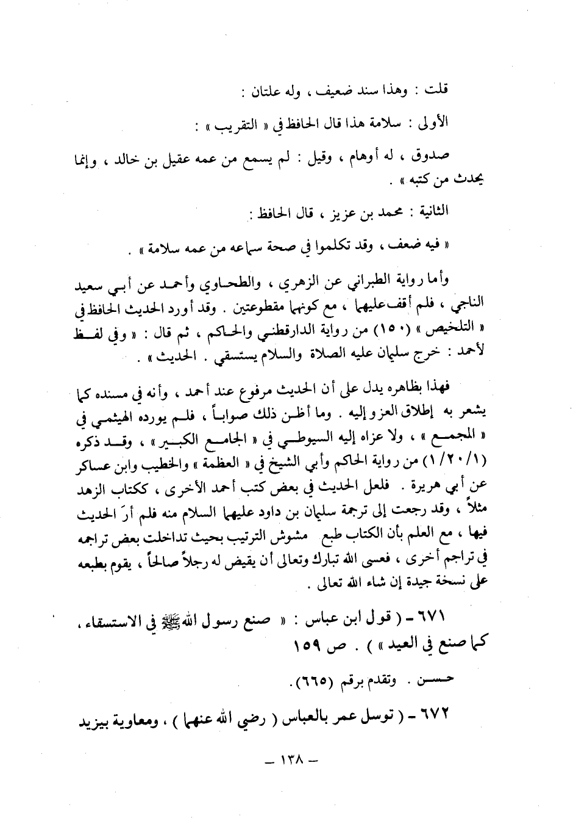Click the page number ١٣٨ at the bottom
point(288,760)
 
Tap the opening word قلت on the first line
point(436,90)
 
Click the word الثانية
point(430,211)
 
